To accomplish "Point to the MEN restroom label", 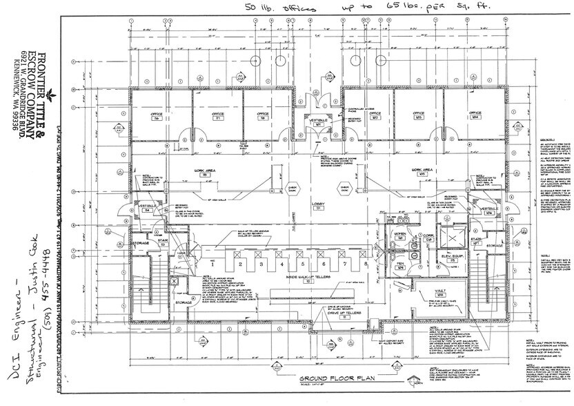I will tap(399, 264).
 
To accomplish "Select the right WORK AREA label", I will tap(422, 170).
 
